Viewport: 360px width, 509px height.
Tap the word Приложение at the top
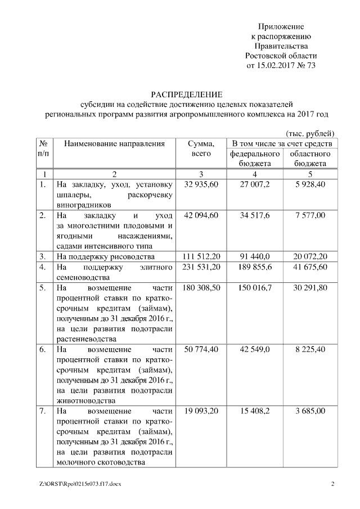[x=281, y=26]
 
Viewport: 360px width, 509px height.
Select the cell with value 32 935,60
[x=201, y=184]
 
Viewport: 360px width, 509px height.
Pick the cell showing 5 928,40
[x=309, y=184]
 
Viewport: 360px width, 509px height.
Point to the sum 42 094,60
[x=201, y=215]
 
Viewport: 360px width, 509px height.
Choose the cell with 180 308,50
[x=201, y=288]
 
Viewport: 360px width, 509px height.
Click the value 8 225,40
[x=309, y=349]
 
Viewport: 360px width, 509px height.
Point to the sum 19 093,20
[x=201, y=411]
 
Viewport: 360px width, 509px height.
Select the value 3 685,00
[x=309, y=411]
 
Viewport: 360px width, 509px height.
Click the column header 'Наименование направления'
[x=114, y=143]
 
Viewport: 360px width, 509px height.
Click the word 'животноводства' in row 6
[x=84, y=401]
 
